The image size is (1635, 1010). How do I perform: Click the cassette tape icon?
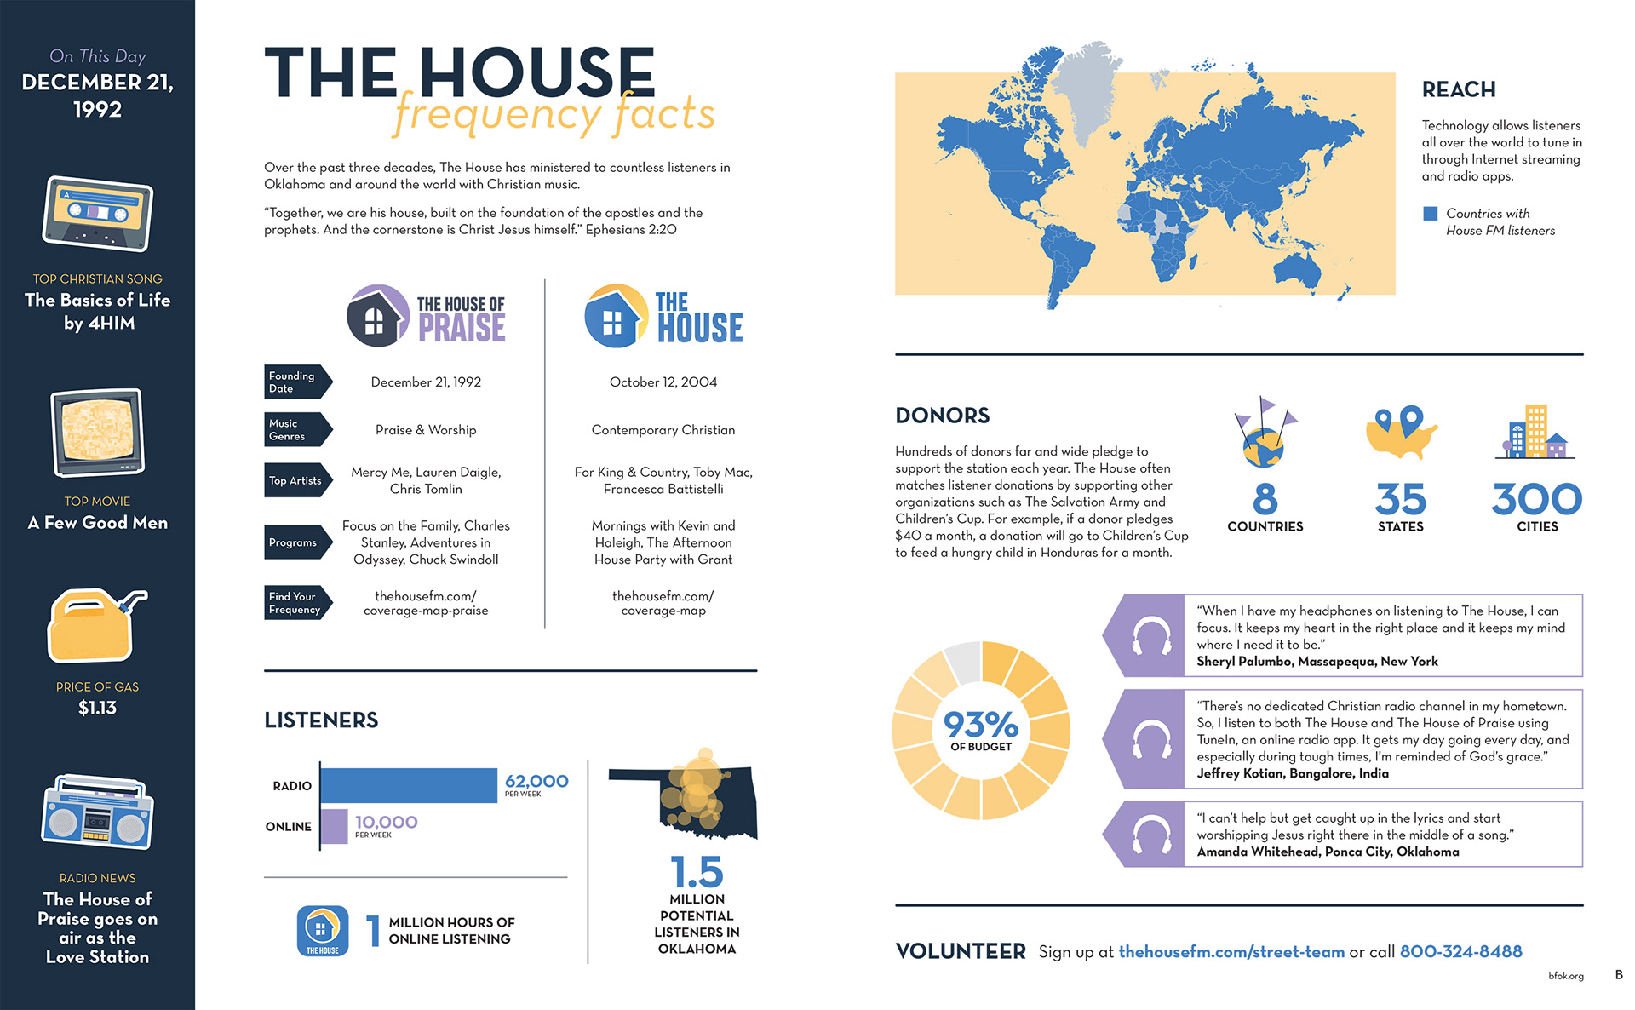97,213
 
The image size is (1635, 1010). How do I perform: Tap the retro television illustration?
97,433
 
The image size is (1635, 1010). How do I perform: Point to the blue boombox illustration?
97,813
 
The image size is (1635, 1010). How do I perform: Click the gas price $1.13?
97,708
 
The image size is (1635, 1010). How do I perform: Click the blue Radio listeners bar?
409,785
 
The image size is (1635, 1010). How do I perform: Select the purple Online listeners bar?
335,826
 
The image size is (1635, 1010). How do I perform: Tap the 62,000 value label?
536,781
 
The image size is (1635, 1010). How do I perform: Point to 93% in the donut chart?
981,725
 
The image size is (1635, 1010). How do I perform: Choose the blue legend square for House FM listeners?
1431,214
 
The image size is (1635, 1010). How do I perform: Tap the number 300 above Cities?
1536,499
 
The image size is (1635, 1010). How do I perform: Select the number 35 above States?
1400,499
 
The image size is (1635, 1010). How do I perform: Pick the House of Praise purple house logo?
378,316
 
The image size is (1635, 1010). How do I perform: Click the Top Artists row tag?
295,481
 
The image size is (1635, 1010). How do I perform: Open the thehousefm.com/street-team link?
1231,951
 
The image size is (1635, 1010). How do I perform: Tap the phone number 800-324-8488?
1460,951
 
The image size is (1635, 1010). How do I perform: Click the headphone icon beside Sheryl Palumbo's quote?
1151,636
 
